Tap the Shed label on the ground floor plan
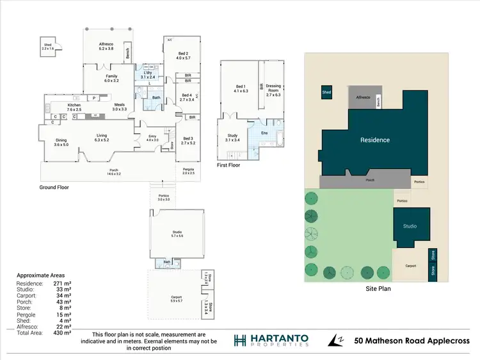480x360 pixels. point(48,45)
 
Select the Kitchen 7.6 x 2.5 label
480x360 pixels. point(74,107)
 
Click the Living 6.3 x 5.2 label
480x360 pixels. point(102,137)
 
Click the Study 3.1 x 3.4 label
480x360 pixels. point(232,137)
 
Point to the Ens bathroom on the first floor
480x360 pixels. point(264,133)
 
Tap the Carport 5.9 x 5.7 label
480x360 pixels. point(176,299)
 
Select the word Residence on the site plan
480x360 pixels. point(374,140)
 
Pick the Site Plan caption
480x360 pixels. point(378,289)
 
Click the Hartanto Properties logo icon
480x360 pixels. point(240,340)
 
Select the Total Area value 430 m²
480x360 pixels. point(63,333)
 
